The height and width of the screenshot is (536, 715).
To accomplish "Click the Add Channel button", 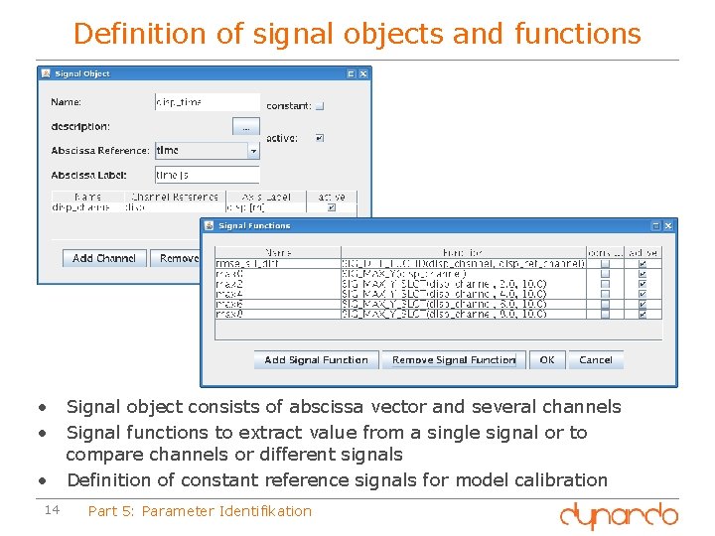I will (104, 258).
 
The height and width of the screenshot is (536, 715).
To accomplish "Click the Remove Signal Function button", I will (454, 360).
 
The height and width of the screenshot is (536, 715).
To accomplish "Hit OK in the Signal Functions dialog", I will (547, 360).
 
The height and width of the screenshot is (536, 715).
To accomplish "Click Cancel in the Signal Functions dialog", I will (596, 360).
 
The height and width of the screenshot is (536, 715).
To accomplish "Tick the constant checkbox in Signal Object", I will (320, 106).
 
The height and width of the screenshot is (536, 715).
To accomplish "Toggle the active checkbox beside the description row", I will (319, 138).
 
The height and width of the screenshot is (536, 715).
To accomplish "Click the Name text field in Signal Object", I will (207, 102).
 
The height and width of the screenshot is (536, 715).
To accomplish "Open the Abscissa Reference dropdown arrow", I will (253, 151).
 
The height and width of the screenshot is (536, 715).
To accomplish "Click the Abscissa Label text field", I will (207, 175).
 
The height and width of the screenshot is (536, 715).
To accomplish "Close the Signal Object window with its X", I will (362, 73).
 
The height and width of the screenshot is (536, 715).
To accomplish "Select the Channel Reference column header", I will (175, 197).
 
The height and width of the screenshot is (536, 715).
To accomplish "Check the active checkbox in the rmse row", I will (643, 263).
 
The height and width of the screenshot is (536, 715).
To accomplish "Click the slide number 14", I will (54, 510).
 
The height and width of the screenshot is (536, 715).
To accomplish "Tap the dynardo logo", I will (618, 515).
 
